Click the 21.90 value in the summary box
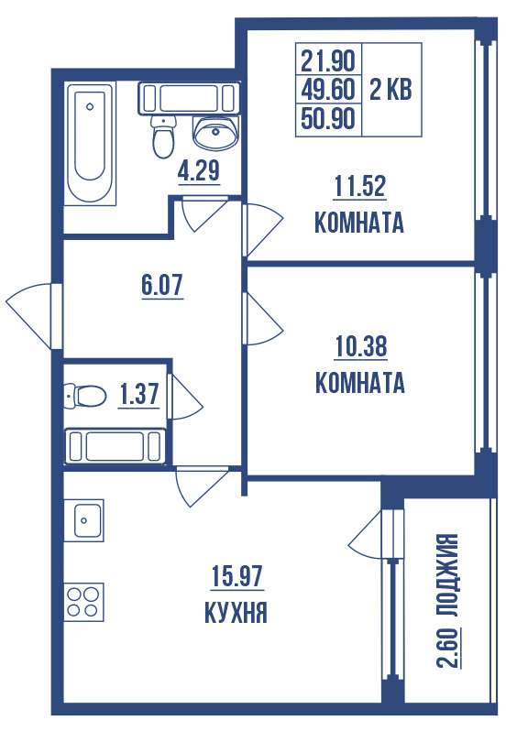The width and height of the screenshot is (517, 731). (x=328, y=60)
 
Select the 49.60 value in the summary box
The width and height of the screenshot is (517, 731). (x=328, y=89)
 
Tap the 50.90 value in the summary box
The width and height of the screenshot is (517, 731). (x=328, y=118)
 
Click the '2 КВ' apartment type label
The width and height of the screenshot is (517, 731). (x=391, y=89)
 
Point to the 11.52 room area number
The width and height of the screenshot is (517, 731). (x=359, y=186)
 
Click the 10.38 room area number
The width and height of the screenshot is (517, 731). (x=361, y=346)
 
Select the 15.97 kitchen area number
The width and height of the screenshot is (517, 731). (x=237, y=576)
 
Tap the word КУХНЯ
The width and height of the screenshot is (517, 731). (x=236, y=612)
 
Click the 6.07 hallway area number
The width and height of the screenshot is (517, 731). (x=162, y=285)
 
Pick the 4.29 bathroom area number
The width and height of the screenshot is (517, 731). (x=199, y=170)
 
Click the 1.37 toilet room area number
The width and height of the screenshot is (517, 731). (x=139, y=394)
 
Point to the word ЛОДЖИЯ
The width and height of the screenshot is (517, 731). (x=448, y=576)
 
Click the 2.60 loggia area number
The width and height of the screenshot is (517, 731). (x=448, y=648)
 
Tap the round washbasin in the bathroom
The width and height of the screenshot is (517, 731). (x=215, y=132)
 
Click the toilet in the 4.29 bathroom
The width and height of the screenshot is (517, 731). (x=163, y=136)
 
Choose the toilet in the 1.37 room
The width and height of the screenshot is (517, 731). (x=85, y=397)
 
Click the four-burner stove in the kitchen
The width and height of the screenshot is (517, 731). (x=84, y=602)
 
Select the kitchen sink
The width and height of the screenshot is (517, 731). (x=84, y=520)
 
